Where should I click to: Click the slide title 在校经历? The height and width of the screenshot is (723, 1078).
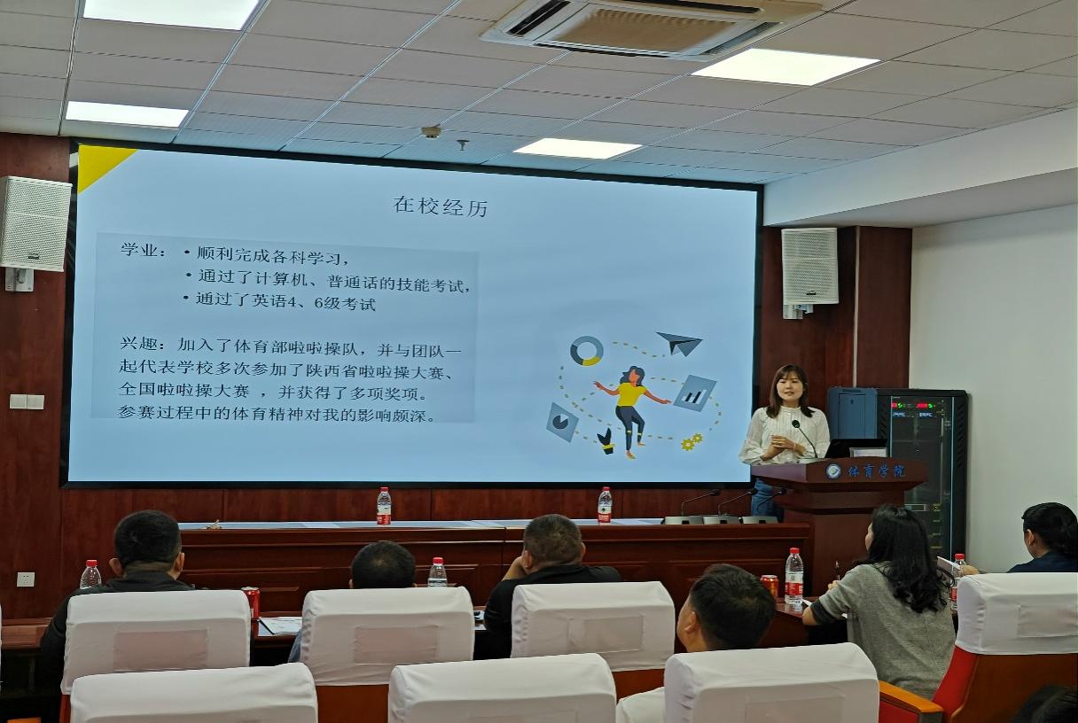pos(441,206)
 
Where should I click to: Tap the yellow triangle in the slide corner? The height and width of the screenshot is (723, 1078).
pos(98,164)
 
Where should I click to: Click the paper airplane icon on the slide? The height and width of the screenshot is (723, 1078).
pos(680,343)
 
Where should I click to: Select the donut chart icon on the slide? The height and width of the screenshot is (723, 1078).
pos(587,351)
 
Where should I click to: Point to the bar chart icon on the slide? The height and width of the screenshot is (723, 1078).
pos(694,393)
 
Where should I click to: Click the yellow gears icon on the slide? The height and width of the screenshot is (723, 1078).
pos(692,442)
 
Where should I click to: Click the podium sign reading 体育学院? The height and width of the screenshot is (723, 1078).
pos(876,471)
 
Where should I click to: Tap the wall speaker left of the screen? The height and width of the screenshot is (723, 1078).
pos(35,223)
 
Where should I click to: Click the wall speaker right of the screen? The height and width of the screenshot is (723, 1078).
pos(809,266)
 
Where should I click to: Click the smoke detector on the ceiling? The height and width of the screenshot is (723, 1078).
pos(431,131)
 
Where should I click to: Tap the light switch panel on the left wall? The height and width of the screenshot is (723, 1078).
pos(27,401)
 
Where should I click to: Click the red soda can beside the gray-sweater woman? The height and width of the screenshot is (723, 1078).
pos(769,586)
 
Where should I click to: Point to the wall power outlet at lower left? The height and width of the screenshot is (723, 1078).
pos(26,579)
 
